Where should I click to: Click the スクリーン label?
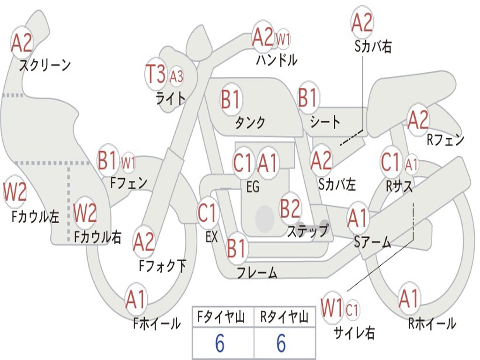coord(45,65)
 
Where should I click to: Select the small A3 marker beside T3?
coord(176,75)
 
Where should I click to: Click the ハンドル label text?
coord(277,60)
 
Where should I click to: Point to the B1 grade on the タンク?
coord(230,100)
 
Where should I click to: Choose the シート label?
coord(325,122)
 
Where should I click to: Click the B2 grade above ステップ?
coord(290,209)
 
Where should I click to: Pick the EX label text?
coord(211,237)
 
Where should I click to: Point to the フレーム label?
coord(257,272)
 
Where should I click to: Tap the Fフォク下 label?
coord(162,266)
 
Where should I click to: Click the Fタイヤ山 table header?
coord(223,318)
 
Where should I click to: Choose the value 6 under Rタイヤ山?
coord(281,344)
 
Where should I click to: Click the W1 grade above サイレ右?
coord(332,309)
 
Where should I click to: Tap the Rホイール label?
coord(432,323)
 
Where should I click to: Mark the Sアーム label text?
coord(372,242)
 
